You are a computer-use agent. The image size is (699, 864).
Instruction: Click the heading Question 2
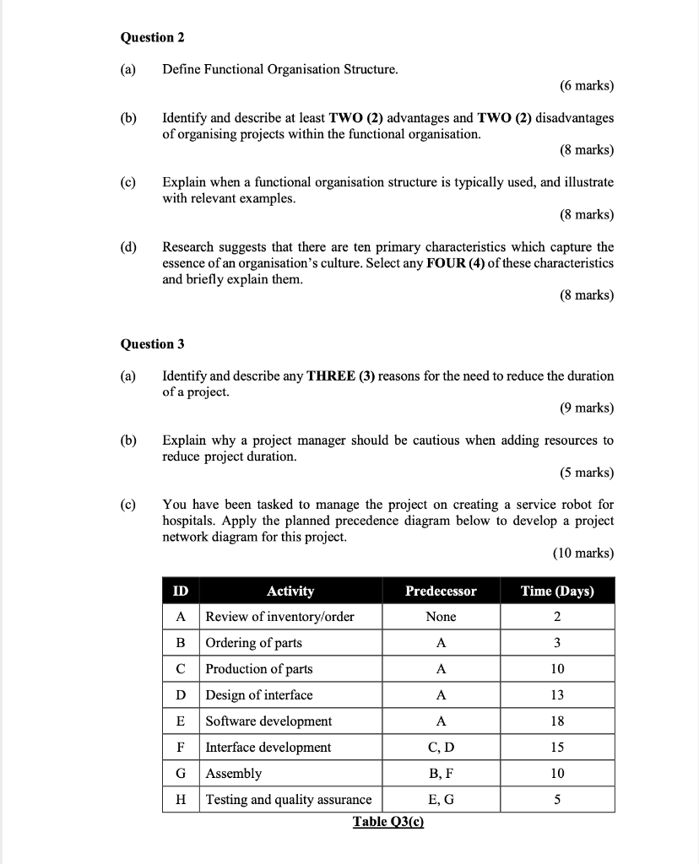point(153,37)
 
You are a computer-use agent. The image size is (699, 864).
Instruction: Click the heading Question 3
point(153,343)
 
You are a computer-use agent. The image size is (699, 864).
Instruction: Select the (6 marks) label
point(586,85)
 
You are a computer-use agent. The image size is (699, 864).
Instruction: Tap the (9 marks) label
point(586,408)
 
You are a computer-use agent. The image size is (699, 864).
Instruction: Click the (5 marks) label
point(586,472)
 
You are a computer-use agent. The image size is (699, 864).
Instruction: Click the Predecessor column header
point(441,591)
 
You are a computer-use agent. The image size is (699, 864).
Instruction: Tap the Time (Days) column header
point(557,591)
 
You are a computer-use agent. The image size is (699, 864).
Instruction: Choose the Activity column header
point(290,591)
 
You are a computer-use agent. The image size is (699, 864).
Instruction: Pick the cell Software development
point(268,721)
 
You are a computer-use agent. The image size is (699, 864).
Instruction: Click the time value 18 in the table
point(557,721)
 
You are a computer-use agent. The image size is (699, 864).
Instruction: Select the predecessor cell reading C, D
point(441,747)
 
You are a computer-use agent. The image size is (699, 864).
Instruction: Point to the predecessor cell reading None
point(441,616)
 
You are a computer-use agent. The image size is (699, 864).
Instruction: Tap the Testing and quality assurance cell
point(289,799)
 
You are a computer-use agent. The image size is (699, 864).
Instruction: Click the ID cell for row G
point(181,773)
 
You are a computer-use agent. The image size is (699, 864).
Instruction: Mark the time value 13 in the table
point(557,694)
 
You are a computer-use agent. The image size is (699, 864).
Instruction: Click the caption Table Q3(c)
point(387,821)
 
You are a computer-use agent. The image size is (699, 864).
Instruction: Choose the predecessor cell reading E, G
point(441,799)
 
